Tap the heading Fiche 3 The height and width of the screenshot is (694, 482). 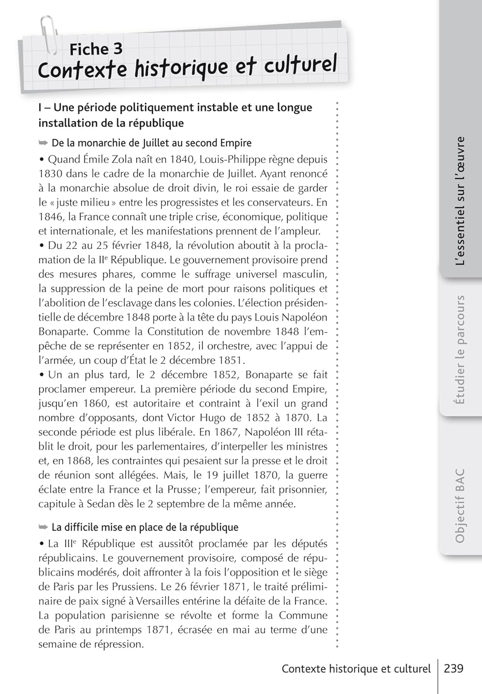(x=96, y=49)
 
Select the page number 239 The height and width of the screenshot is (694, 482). (x=453, y=669)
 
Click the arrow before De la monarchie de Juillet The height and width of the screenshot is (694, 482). (x=43, y=143)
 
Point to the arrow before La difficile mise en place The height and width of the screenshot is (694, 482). (x=43, y=527)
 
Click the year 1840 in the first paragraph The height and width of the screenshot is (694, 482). (x=182, y=160)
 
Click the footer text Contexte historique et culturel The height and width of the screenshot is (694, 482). (x=356, y=669)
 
